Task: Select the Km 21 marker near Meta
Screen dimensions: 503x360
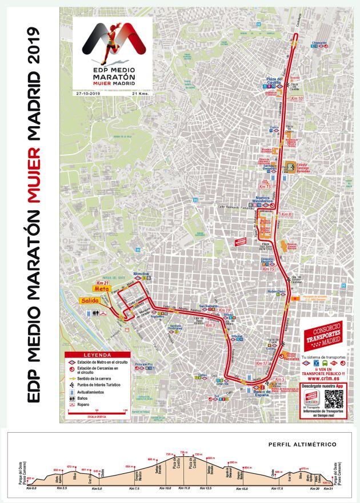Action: [103, 283]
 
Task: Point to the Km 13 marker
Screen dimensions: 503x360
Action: [265, 186]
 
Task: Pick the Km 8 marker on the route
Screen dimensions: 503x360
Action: [286, 215]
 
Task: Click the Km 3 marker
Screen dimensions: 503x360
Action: [210, 325]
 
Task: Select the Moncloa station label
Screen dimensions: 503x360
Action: [142, 273]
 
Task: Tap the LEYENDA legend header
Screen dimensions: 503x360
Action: [94, 355]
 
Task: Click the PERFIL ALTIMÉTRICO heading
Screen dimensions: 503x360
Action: [302, 444]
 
